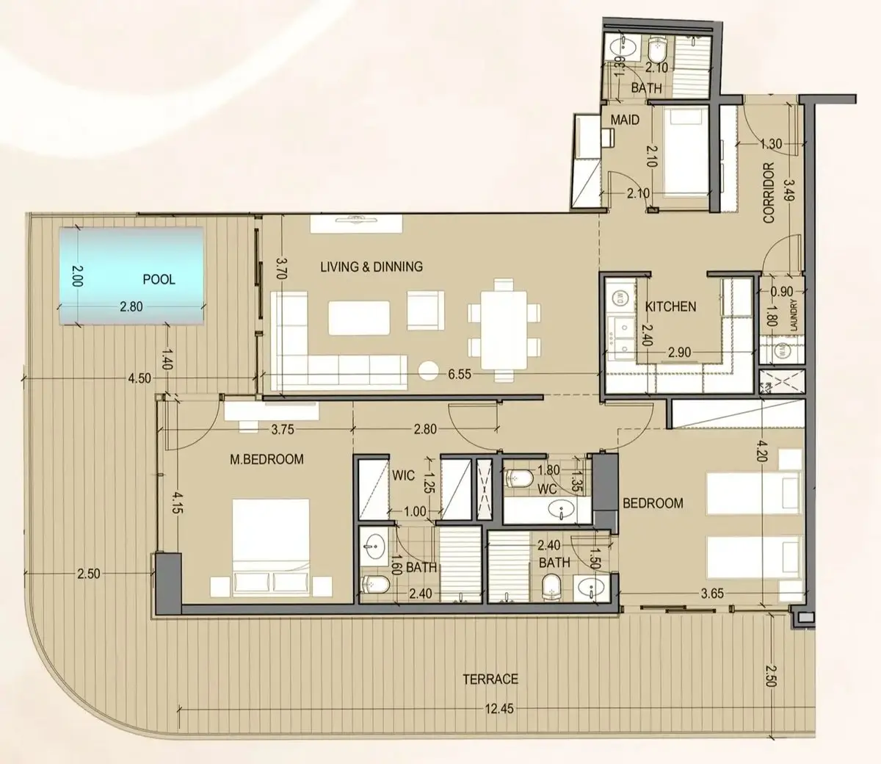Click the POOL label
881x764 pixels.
(x=159, y=280)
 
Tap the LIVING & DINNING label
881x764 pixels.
(x=371, y=267)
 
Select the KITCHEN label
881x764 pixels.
(x=670, y=307)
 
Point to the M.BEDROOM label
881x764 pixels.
(x=267, y=459)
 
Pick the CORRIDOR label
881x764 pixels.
(x=769, y=192)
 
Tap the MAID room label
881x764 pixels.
(x=625, y=120)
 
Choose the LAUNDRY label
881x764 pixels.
(x=793, y=315)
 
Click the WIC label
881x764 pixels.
(x=403, y=475)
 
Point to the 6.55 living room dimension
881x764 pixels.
(x=460, y=374)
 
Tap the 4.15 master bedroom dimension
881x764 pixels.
(x=178, y=503)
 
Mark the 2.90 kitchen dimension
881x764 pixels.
(x=679, y=353)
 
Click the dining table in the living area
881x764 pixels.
(x=504, y=330)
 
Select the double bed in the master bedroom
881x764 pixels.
(x=271, y=548)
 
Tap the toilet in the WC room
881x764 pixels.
(x=519, y=479)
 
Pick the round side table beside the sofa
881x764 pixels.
(x=428, y=371)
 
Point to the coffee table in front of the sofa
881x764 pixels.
(x=359, y=318)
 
